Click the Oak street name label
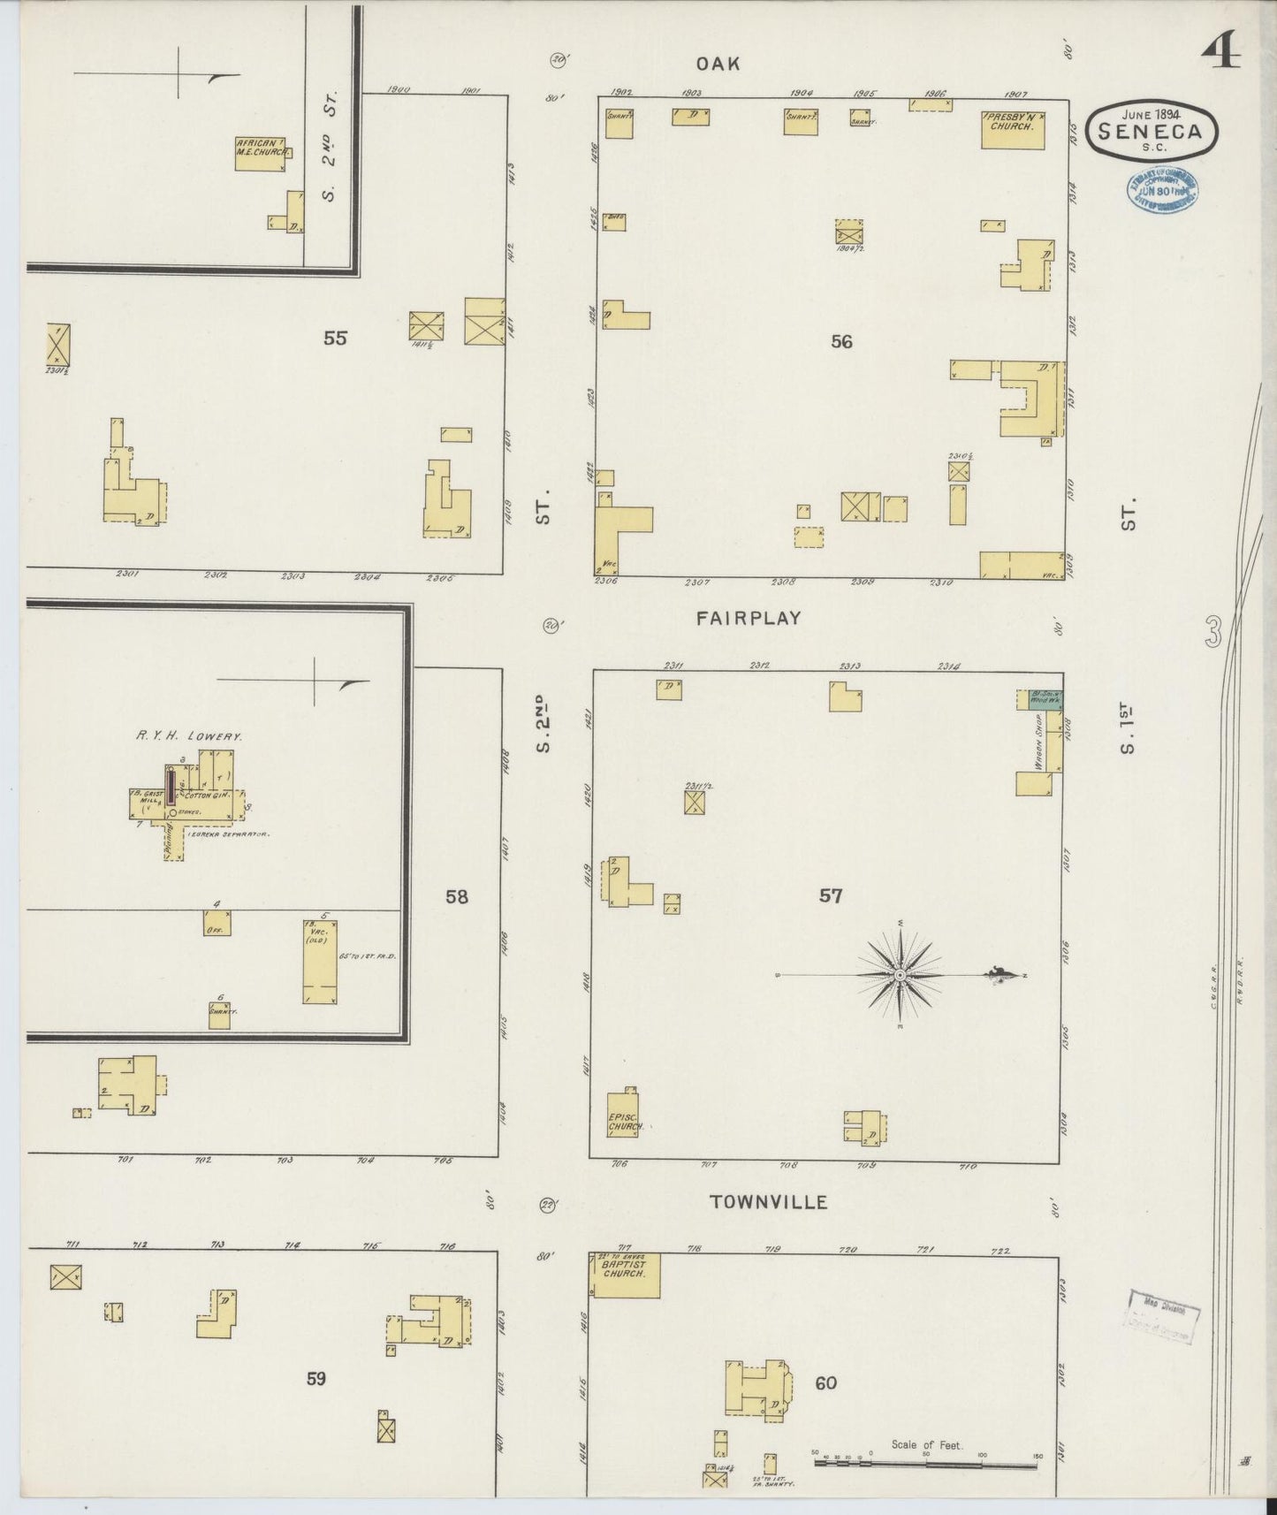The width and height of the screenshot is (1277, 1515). (x=716, y=64)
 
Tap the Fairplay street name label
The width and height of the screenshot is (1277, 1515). (x=748, y=619)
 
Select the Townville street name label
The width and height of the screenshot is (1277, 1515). (x=769, y=1202)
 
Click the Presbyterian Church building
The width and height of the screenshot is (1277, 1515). (x=1013, y=129)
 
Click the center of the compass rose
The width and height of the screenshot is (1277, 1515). (x=900, y=975)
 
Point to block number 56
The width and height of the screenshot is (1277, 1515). (x=841, y=341)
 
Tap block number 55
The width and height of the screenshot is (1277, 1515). (x=335, y=338)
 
